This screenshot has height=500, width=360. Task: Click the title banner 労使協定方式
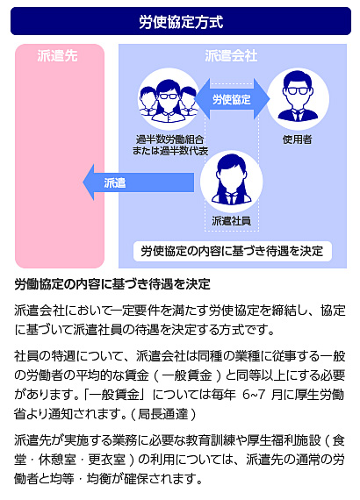tap(181, 21)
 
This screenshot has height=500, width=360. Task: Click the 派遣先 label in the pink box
tap(57, 56)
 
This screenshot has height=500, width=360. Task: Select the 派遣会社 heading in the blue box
tap(231, 56)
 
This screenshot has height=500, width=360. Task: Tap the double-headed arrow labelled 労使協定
tap(232, 99)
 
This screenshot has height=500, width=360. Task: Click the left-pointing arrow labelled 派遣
tap(138, 182)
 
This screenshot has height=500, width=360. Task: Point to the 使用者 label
tap(297, 139)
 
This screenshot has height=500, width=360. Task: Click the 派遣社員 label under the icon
tap(232, 221)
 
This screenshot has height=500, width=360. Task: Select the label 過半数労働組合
tap(169, 139)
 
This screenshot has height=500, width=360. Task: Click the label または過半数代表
tap(170, 151)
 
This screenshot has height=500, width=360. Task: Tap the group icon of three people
tap(169, 99)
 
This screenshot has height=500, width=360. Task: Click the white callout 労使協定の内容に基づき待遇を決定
tap(233, 251)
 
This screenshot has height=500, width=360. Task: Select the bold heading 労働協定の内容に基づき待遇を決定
tap(112, 284)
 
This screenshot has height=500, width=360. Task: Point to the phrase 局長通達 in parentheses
tap(162, 414)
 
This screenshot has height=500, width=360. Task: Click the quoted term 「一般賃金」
tap(114, 395)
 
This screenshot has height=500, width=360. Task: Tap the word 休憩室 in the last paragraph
tap(57, 460)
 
